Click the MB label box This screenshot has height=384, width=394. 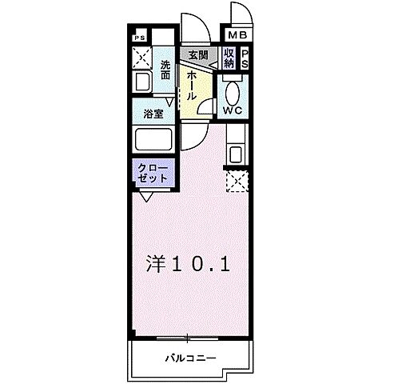click(x=238, y=35)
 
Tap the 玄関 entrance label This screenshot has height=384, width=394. click(x=197, y=54)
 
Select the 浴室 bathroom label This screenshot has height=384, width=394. click(x=154, y=114)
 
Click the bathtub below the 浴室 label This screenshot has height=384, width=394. click(x=153, y=141)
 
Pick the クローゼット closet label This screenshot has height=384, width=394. click(x=152, y=173)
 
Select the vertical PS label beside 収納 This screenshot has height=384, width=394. click(x=245, y=58)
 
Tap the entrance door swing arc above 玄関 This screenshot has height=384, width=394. click(x=194, y=30)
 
